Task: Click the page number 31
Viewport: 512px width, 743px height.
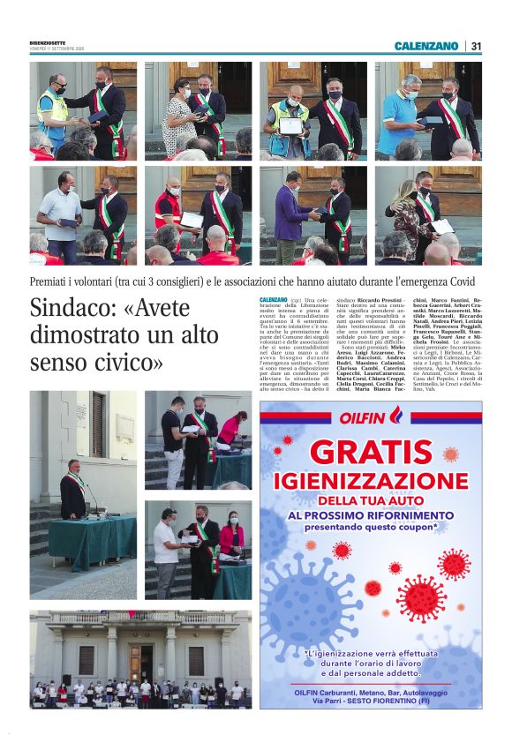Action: click(x=476, y=46)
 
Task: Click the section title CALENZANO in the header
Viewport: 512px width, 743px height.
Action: click(x=426, y=46)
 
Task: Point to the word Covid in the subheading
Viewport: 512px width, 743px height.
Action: click(x=464, y=282)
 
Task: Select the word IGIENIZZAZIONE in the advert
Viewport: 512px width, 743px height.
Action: click(x=371, y=481)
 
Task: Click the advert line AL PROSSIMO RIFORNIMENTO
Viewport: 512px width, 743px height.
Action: click(x=371, y=514)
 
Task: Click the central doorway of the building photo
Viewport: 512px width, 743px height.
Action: click(x=140, y=660)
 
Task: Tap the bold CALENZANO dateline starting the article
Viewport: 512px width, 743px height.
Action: click(x=273, y=302)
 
